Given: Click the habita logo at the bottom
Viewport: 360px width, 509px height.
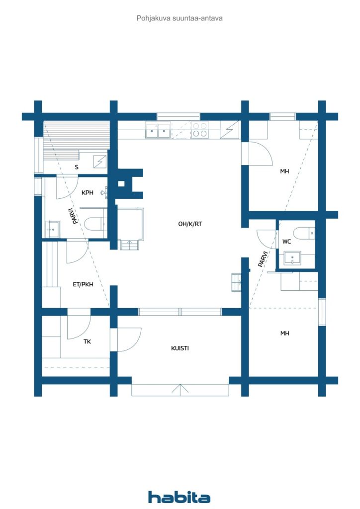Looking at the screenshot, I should point(179,497).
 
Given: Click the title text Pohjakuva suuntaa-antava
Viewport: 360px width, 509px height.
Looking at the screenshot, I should point(180,18).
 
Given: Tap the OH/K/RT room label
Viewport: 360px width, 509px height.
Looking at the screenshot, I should point(190,224).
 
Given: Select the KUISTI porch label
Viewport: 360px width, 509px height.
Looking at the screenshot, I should point(180,348).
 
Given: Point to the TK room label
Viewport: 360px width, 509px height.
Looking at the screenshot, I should point(88,341).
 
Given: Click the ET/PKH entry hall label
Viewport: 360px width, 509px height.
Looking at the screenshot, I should point(83,285).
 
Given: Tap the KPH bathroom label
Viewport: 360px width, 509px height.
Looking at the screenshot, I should point(88,192).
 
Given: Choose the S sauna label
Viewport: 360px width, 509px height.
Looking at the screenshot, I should point(77,167).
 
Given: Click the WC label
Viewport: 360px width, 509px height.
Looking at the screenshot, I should point(286,242).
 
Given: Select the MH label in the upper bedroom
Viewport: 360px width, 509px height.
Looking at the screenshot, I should point(284,171).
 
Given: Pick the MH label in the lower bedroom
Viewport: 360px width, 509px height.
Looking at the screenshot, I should point(284,333).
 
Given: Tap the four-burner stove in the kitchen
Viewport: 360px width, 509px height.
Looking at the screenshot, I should point(200,130).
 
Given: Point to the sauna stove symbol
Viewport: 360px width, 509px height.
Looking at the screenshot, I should point(101,161).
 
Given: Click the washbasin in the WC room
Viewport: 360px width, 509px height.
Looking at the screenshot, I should point(292,258).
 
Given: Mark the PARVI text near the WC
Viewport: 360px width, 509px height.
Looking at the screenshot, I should point(263,259).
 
